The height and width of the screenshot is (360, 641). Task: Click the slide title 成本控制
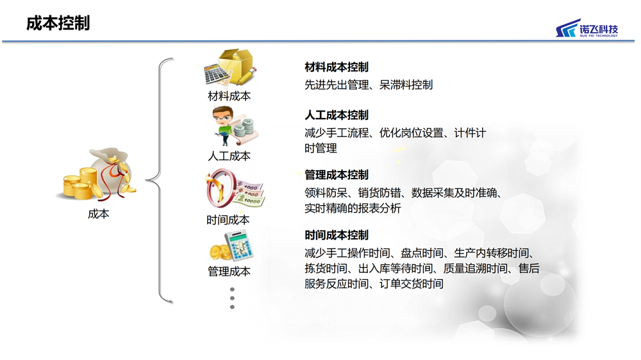pos(58,23)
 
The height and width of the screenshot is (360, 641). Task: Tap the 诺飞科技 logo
pos(587,28)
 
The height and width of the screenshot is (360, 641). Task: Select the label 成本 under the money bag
pos(99,214)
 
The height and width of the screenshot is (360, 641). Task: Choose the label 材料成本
pos(229,96)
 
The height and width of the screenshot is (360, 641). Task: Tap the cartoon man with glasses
pos(224,126)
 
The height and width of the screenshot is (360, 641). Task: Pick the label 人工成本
pos(229,156)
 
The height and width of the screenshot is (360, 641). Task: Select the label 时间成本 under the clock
pos(228,220)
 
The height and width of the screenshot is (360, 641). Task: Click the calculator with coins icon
pos(232,246)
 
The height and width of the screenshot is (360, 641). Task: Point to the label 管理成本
pos(229,272)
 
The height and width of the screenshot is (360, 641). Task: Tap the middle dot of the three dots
pos(232,299)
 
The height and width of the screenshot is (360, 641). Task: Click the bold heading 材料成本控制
pos(337,67)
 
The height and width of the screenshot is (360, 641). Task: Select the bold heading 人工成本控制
pos(337,115)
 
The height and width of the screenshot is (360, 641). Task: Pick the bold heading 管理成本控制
pos(337,175)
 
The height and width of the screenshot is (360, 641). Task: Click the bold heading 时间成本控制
pos(337,235)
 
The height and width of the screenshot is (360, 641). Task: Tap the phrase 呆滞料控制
pos(406,85)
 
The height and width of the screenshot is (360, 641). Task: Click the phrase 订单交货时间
pos(412,284)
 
